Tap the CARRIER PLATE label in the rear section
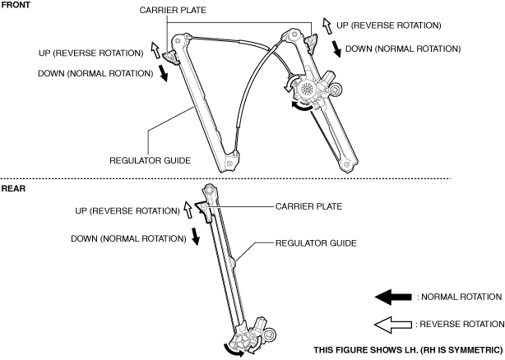tap(308, 206)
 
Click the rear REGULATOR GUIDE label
tap(317, 243)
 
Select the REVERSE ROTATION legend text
tap(461, 323)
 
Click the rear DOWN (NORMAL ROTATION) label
tap(127, 238)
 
